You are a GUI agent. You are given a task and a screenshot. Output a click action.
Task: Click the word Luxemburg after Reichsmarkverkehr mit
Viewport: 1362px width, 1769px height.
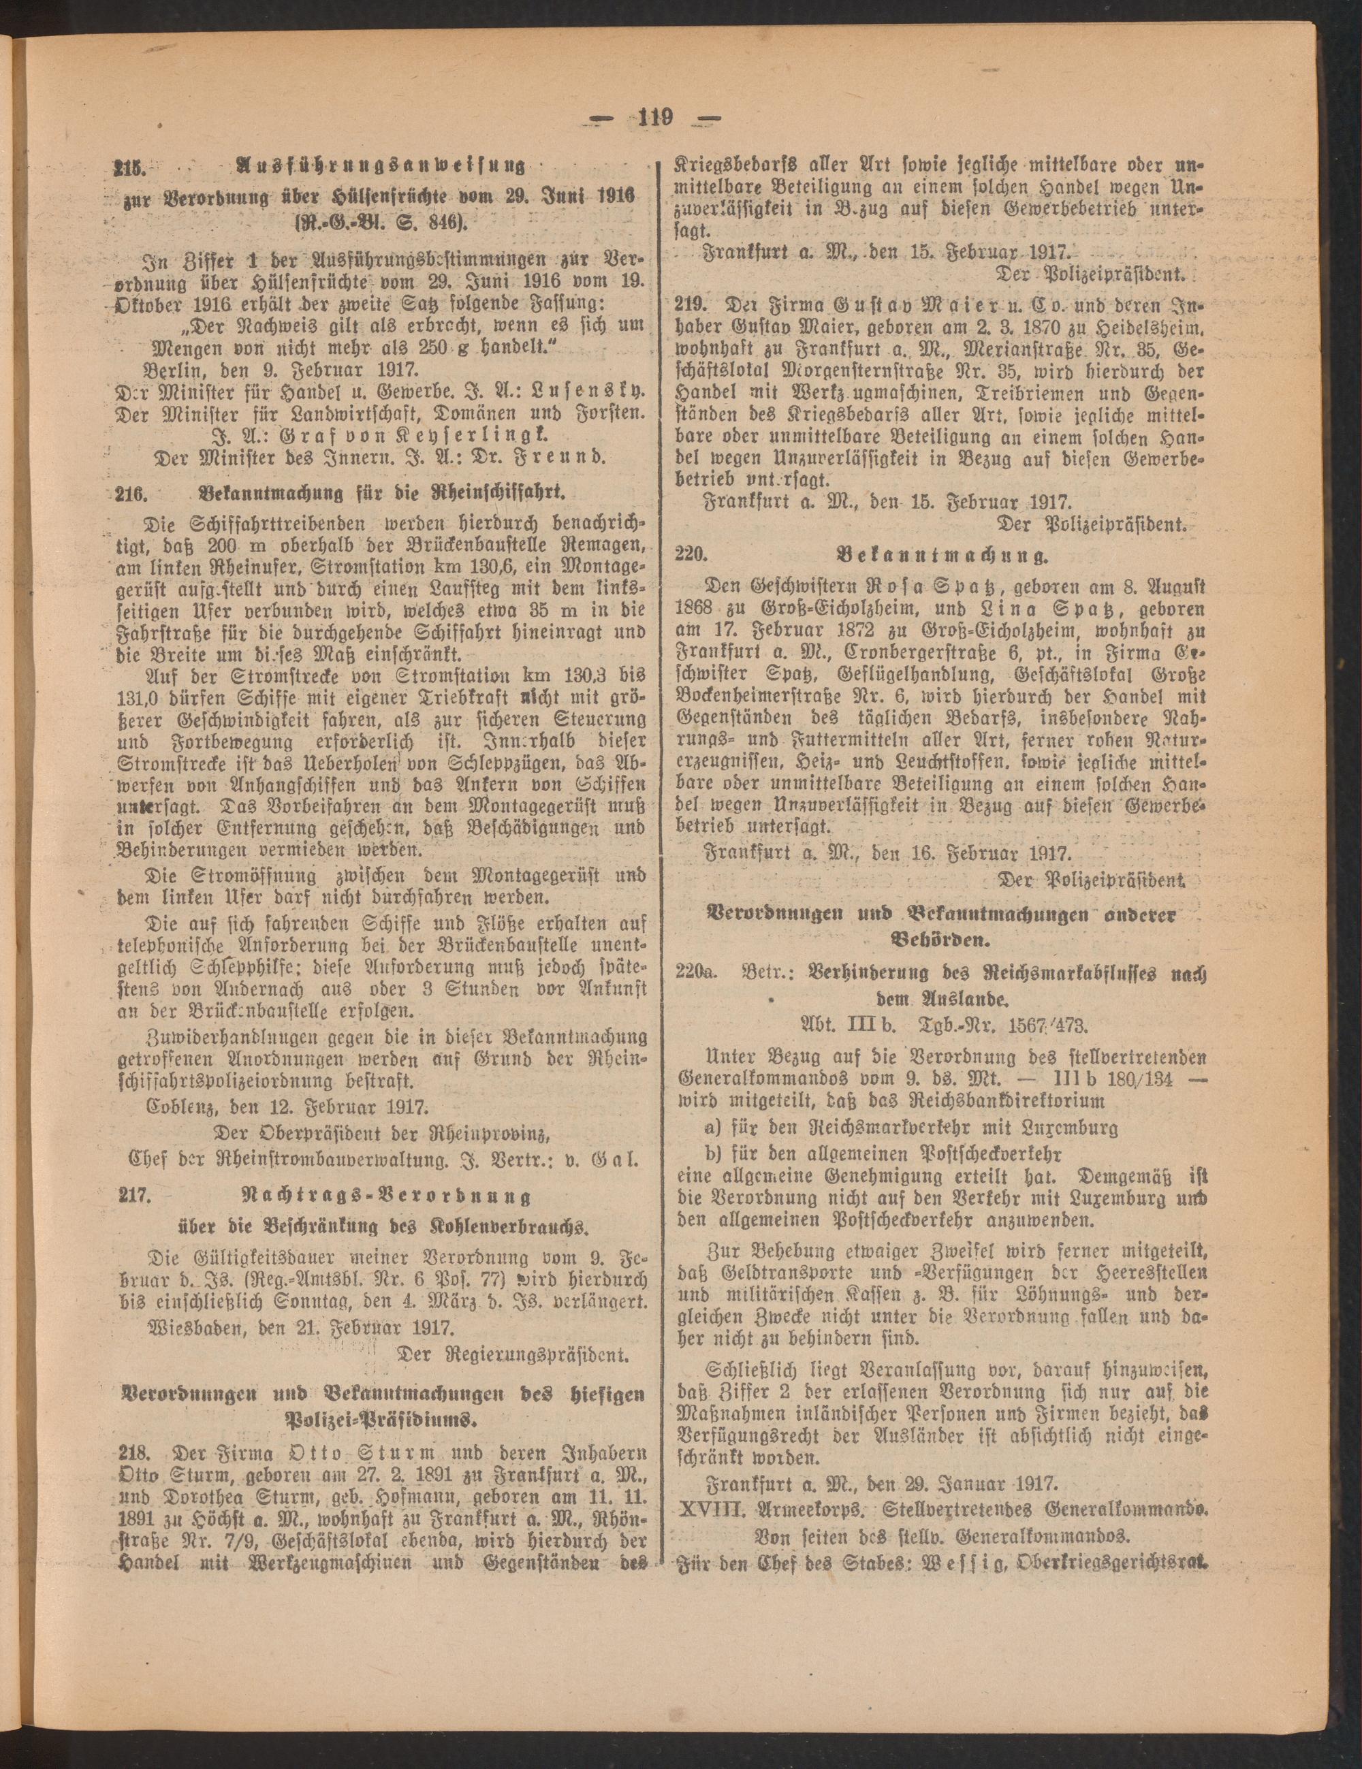pos(1071,1127)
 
